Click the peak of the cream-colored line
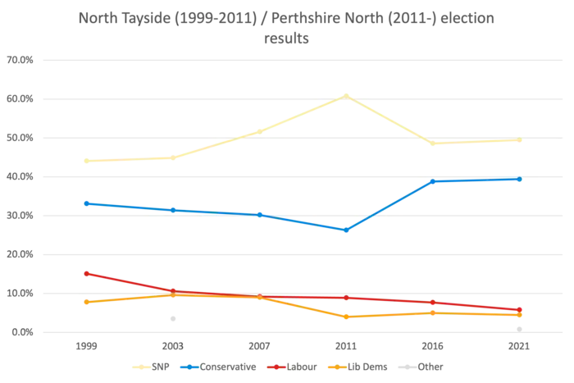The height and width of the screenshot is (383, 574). coord(346,95)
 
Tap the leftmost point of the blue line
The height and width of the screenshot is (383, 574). coord(85,201)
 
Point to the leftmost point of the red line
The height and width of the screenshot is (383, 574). coord(85,272)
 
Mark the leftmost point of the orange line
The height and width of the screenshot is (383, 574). coord(85,302)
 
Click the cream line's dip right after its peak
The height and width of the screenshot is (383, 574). coord(435,145)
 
